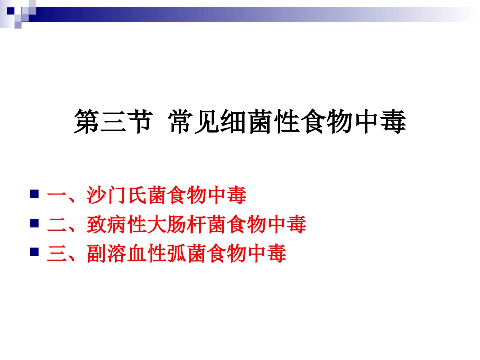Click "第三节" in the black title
point(112,123)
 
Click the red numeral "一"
point(57,196)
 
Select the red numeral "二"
point(57,225)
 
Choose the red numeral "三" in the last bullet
point(57,253)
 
